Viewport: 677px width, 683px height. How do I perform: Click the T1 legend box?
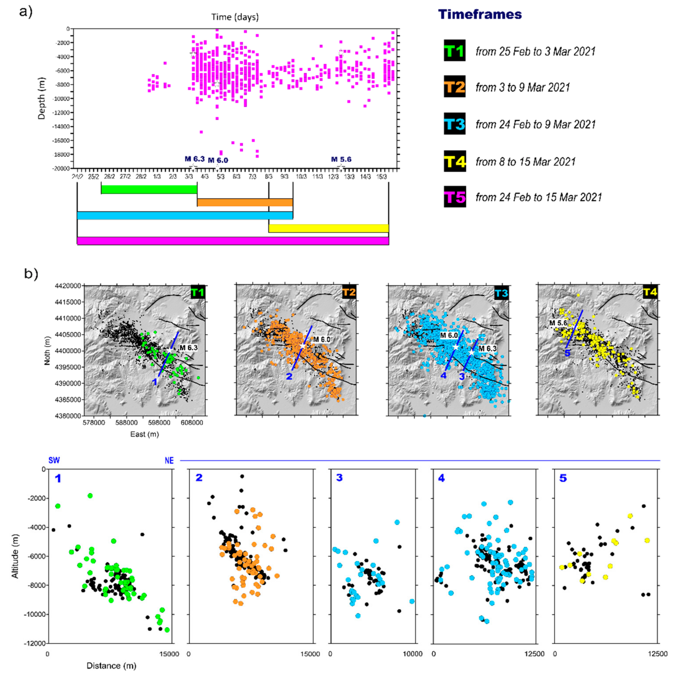click(454, 51)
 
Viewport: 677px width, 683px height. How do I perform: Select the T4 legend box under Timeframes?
click(454, 161)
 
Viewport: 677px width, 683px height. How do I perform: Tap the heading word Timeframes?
click(480, 15)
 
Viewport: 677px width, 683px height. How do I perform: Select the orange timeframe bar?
click(245, 202)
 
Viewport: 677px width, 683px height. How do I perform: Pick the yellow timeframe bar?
click(328, 228)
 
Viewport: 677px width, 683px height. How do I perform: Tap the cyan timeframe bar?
click(185, 215)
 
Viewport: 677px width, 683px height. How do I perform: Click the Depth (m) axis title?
click(42, 98)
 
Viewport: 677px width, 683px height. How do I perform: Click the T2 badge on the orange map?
click(349, 292)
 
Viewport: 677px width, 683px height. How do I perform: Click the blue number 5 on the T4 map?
click(567, 363)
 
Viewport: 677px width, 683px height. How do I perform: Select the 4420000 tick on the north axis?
click(68, 286)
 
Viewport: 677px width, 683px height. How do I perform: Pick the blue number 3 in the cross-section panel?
click(339, 478)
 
